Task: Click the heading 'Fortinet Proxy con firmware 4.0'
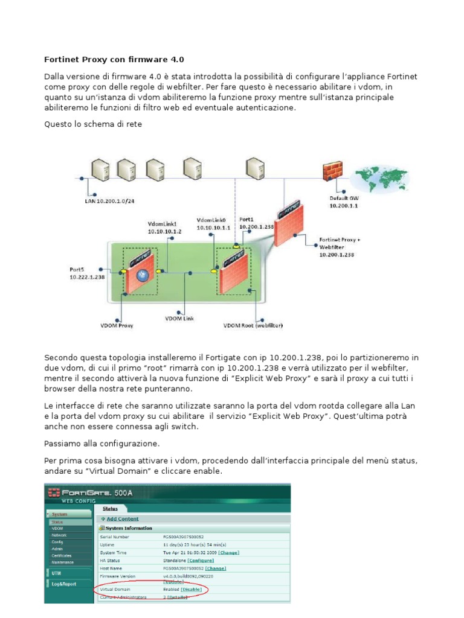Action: (x=114, y=60)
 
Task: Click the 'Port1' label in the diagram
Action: (x=246, y=220)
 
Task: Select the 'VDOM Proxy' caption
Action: (x=117, y=326)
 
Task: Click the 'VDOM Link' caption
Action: (x=180, y=318)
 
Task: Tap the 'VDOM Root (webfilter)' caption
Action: (x=253, y=326)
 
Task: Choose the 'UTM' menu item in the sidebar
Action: (x=56, y=573)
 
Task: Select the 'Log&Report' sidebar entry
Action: (x=60, y=584)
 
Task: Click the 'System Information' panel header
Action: (x=127, y=528)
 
